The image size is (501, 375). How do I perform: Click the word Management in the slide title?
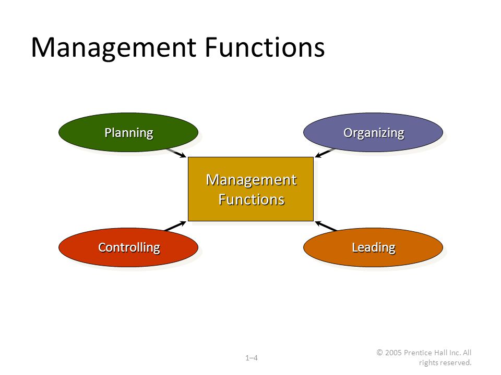pos(113,48)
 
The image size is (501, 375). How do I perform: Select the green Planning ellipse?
pos(128,132)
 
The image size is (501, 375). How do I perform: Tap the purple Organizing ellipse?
pos(373,132)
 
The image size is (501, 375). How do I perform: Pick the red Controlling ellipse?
pos(128,247)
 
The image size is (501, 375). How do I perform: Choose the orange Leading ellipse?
pos(373,247)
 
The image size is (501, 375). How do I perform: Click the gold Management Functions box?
pos(251,189)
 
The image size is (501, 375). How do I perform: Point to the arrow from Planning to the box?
pos(176,153)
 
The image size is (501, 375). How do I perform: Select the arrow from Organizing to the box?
pos(325,153)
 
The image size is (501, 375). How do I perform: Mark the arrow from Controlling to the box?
pos(175,226)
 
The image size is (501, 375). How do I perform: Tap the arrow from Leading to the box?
pos(326,226)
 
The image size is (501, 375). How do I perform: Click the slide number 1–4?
pos(252,358)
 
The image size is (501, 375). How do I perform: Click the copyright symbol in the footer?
pos(379,353)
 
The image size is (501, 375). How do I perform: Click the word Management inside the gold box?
pos(252,180)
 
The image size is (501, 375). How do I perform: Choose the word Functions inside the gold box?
pos(252,199)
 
